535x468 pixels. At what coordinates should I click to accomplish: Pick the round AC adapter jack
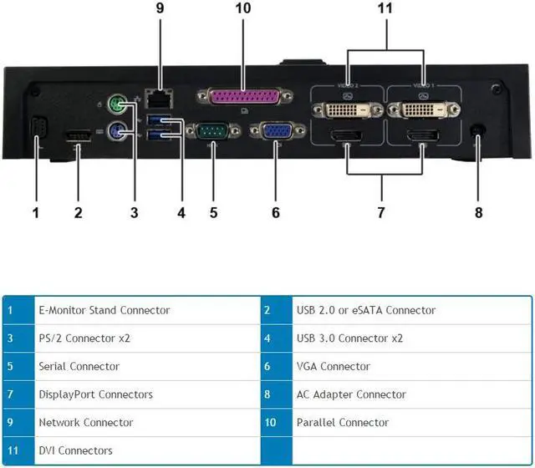click(x=479, y=131)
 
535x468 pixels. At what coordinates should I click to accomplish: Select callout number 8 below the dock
click(x=479, y=212)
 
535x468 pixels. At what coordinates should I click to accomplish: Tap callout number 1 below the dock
click(x=36, y=212)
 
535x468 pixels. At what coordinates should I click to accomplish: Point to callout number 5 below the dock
click(x=213, y=212)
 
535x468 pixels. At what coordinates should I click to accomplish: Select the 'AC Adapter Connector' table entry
click(x=351, y=394)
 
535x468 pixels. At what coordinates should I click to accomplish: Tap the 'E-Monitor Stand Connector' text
click(x=104, y=310)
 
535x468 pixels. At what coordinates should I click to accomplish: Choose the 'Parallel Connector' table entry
click(x=343, y=422)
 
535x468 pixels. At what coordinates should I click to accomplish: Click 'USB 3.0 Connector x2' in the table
click(x=349, y=338)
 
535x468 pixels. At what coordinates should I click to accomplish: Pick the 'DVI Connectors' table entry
click(x=76, y=450)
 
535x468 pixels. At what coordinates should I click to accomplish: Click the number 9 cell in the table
click(x=11, y=422)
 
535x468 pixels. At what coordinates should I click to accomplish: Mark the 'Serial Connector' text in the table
click(x=79, y=366)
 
